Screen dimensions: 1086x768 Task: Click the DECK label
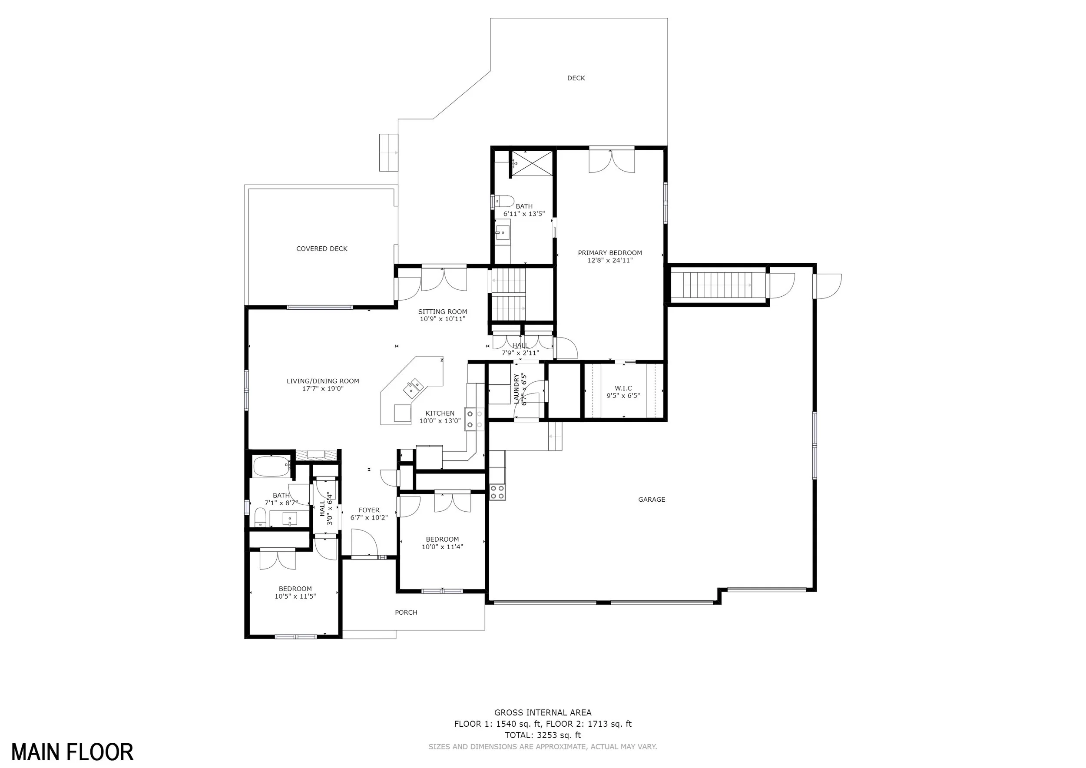point(576,78)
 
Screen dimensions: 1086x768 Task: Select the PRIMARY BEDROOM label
point(610,253)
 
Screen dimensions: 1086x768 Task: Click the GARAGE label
point(651,500)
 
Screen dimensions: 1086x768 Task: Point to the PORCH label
point(406,612)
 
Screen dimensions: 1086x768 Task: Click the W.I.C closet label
point(623,388)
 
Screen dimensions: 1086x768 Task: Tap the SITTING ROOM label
point(442,311)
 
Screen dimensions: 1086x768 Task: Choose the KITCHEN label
point(440,413)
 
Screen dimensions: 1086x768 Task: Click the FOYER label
point(369,510)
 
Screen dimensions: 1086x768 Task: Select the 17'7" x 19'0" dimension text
point(323,389)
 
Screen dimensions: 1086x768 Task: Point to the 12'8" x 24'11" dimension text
point(610,261)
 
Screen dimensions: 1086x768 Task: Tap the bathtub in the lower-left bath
point(271,466)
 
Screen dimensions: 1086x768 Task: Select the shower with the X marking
point(532,164)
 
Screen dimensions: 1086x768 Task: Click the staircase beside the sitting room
point(509,294)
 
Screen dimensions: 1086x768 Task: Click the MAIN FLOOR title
point(73,752)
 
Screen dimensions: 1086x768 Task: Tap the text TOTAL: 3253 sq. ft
point(543,735)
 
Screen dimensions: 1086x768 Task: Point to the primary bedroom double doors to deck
point(612,161)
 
